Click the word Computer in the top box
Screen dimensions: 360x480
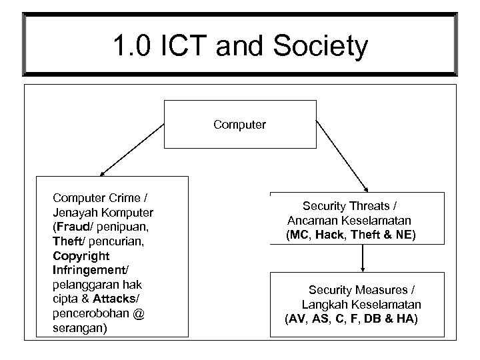[x=239, y=124]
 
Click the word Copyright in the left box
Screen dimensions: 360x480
[x=80, y=255]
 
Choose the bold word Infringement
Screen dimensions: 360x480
[x=87, y=270]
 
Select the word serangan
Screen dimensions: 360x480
[x=78, y=329]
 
